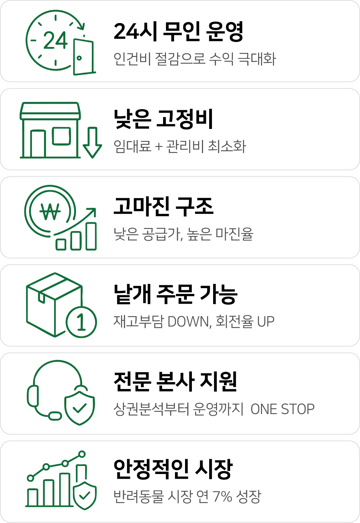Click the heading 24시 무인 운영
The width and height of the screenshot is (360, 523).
point(179,32)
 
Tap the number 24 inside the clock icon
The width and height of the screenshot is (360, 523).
point(55,40)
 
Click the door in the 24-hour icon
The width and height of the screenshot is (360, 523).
point(84,57)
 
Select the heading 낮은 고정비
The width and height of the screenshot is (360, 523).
point(163,119)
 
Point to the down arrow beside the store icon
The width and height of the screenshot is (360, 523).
point(93,143)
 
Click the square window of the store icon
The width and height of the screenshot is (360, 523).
point(61,136)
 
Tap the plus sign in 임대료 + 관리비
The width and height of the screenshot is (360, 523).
point(159,147)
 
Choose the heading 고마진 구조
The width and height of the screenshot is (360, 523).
point(163,206)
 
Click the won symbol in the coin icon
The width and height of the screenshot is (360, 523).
point(50,211)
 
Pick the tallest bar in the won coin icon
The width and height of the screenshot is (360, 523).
point(91,236)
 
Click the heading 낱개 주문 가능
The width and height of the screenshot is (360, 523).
point(176,294)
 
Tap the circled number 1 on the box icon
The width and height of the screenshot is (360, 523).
point(81,322)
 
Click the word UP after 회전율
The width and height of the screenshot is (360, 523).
point(266,322)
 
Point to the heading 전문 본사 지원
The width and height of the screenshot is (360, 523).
point(175,382)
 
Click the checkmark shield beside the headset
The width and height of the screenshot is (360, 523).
point(80,408)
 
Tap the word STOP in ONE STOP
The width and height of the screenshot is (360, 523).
point(298,409)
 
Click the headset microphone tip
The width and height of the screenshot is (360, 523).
point(55,416)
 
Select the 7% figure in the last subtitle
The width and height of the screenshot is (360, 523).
point(222,497)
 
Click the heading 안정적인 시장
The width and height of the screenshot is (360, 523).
point(173,470)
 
